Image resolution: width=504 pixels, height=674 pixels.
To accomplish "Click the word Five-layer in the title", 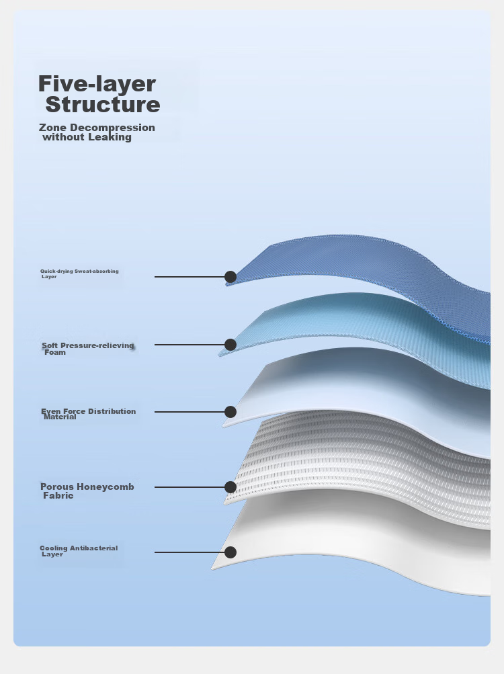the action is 97,84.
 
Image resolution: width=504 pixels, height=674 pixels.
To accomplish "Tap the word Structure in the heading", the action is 103,104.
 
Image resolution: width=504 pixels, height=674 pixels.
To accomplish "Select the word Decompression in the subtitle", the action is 112,128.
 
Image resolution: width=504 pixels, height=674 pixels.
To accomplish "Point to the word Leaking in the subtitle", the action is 110,137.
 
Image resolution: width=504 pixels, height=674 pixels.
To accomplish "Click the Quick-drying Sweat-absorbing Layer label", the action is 79,273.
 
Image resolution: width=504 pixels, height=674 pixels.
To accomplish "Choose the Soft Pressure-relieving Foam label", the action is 88,349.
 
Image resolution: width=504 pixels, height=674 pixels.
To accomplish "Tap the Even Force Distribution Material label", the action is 88,414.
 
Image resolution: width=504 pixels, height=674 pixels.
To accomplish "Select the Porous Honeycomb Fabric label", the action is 87,491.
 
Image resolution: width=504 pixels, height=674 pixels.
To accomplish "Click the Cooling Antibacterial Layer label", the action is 79,551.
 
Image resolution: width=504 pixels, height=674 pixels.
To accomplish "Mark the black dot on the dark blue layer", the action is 230,277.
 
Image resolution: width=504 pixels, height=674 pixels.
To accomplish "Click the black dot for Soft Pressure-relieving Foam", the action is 230,345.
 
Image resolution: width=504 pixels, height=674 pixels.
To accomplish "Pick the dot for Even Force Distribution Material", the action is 230,412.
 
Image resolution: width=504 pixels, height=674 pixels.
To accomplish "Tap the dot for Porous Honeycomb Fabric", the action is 230,487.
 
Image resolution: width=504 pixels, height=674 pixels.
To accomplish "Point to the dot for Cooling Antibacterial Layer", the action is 230,552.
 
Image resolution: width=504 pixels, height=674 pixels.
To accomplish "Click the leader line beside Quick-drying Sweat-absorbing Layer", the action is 190,277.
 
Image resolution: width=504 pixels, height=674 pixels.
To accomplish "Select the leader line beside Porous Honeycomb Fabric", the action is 190,487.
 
